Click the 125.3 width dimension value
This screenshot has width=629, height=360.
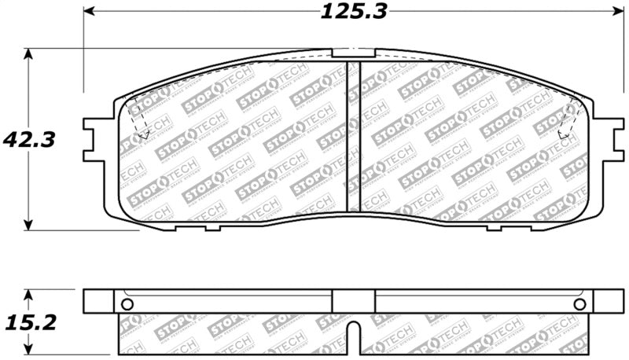[355, 12]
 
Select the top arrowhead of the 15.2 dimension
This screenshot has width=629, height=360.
[29, 295]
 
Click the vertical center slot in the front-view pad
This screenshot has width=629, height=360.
[354, 138]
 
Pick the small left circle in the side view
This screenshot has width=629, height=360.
[127, 304]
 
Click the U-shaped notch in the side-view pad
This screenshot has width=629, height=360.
[355, 336]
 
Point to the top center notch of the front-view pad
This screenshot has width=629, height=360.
[354, 53]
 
